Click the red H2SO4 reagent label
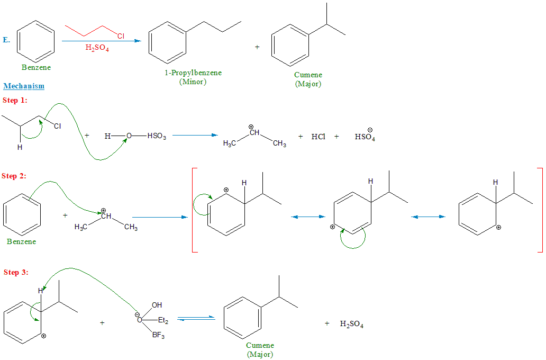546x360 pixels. point(97,48)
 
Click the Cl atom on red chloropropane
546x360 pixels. point(121,36)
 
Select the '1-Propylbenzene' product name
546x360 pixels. point(193,73)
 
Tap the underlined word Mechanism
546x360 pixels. point(24,86)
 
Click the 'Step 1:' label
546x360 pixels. point(15,100)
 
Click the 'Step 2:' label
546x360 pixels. point(15,176)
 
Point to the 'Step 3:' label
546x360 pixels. point(16,272)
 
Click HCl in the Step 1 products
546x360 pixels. point(318,137)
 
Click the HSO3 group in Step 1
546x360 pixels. point(157,137)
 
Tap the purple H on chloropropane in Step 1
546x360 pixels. point(20,148)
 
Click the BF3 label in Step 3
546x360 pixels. point(159,335)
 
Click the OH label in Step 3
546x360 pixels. point(157,305)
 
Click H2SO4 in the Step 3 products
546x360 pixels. point(351,324)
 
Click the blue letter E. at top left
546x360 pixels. point(6,40)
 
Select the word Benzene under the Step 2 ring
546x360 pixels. point(22,241)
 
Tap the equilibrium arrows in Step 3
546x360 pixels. point(196,318)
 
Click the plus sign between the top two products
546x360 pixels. point(257,47)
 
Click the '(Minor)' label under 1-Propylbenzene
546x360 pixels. point(193,82)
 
